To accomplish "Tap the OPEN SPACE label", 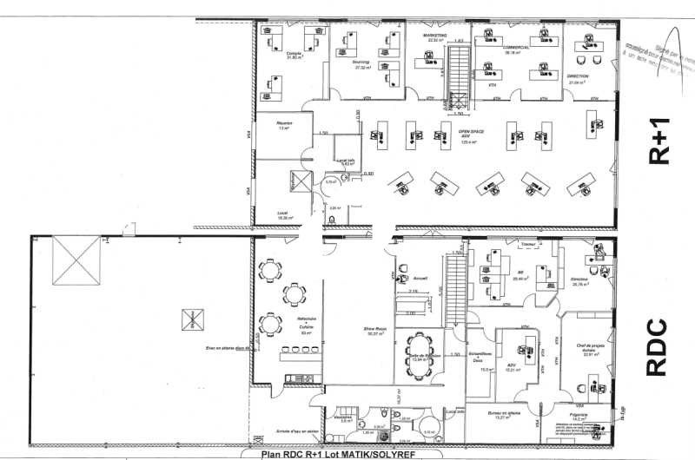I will click(470, 132).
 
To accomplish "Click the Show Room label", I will click(375, 330).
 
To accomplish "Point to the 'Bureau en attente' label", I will click(502, 414).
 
